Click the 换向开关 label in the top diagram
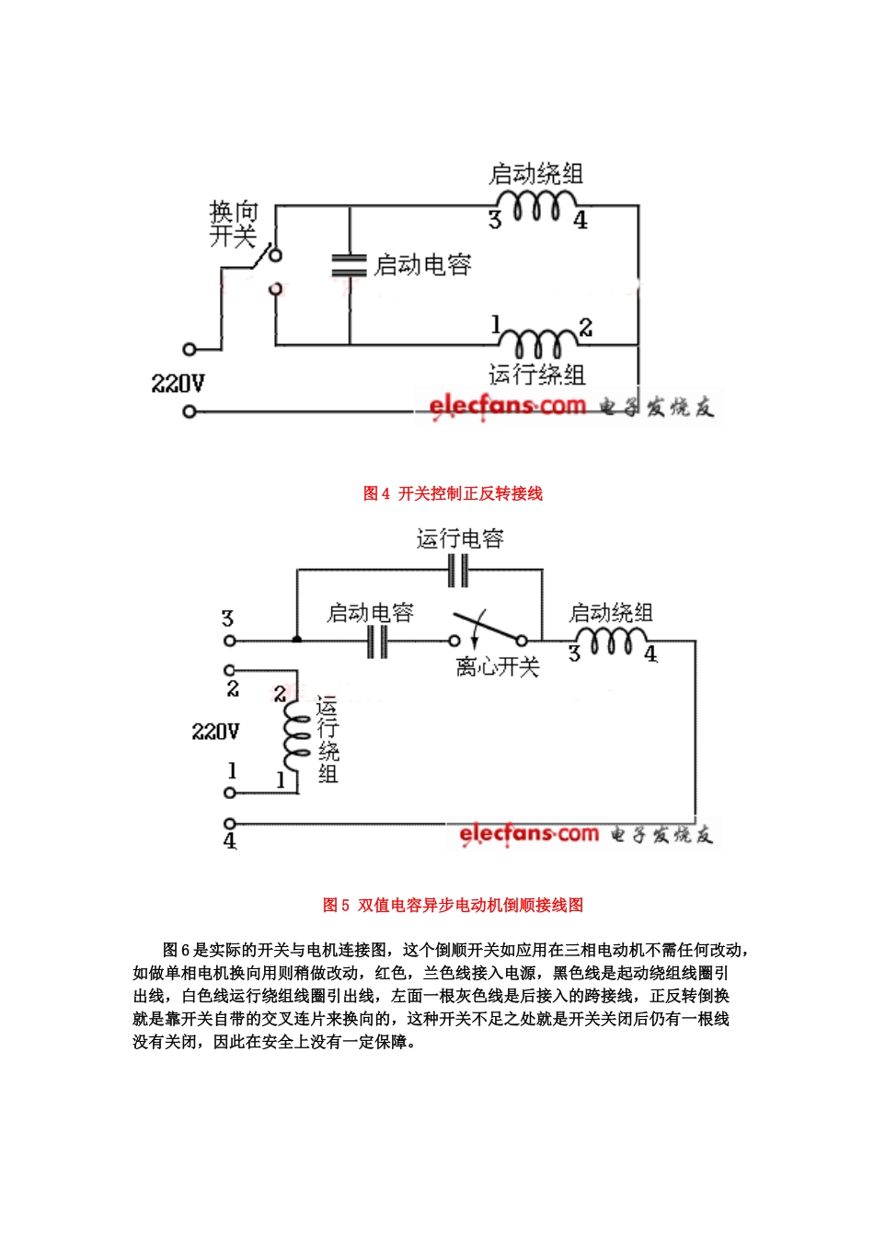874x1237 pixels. [x=233, y=225]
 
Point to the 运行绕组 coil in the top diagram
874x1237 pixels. [x=539, y=343]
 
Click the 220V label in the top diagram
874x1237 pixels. [x=178, y=384]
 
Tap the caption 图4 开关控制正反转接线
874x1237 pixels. [x=453, y=494]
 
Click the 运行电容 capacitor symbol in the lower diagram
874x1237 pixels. [x=458, y=572]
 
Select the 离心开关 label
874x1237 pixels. [x=497, y=667]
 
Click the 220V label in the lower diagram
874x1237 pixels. [x=215, y=733]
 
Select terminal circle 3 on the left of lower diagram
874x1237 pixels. [x=230, y=641]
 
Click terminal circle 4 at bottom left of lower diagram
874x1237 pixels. [x=230, y=823]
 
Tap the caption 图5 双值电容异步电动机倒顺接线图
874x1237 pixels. [x=453, y=906]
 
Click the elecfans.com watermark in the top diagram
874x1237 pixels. [x=507, y=405]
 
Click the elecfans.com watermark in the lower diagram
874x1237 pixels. [x=529, y=834]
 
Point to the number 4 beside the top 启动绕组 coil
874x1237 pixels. [x=581, y=221]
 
